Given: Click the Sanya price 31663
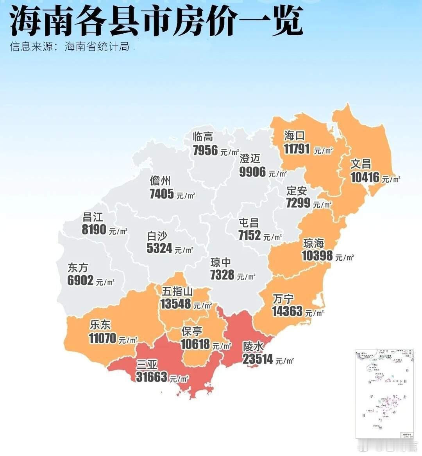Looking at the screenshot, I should [152, 377].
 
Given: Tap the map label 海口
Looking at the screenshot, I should [294, 136].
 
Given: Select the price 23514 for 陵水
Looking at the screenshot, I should [258, 359].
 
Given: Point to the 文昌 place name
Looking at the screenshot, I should [360, 164].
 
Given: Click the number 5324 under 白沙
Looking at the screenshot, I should [159, 248].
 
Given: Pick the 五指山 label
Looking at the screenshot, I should [177, 292].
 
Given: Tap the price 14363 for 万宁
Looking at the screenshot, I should [287, 311].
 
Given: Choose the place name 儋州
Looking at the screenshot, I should [160, 181].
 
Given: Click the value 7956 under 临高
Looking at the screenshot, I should [205, 150].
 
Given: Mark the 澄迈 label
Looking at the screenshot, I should [250, 159].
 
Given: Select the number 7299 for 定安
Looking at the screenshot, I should [298, 203].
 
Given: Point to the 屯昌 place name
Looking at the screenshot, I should [249, 223].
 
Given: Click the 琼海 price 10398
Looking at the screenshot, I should [317, 256].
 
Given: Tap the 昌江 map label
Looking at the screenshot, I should [93, 217].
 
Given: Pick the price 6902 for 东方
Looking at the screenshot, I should [80, 280].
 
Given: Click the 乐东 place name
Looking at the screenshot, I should [100, 324].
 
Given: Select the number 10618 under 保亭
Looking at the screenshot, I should [195, 344].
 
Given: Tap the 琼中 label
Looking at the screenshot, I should [221, 262].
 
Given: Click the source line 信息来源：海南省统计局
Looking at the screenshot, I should [70, 47].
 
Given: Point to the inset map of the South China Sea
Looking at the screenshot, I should [384, 393].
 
